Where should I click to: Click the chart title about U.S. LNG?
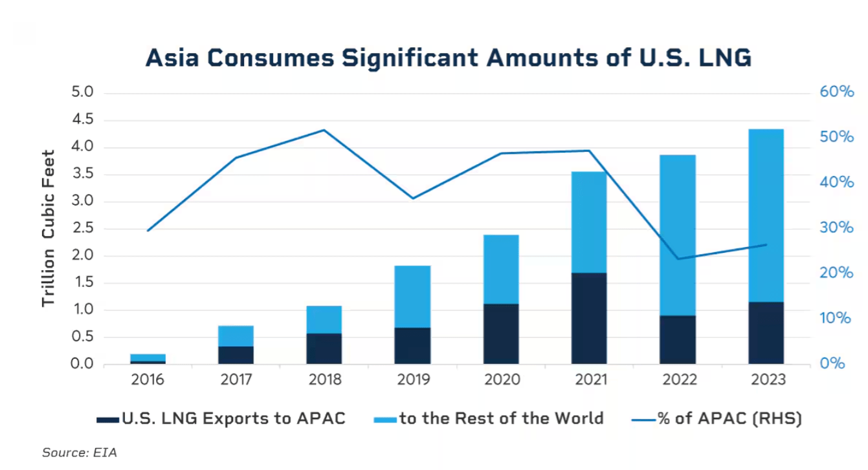[x=448, y=58]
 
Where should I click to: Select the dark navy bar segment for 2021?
[x=589, y=318]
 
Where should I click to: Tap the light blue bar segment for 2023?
[x=766, y=215]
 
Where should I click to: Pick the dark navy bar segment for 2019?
[x=412, y=346]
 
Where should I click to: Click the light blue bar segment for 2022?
[x=678, y=235]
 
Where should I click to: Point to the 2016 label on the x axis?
[x=147, y=379]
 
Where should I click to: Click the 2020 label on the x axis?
[x=501, y=379]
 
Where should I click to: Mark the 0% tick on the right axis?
[x=832, y=364]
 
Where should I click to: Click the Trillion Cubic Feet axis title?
[x=49, y=228]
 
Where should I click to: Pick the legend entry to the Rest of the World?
[x=489, y=419]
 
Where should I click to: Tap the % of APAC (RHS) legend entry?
[x=717, y=419]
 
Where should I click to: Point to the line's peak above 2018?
[x=324, y=130]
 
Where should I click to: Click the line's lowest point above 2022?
[x=678, y=259]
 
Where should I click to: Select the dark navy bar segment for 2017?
[x=236, y=356]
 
